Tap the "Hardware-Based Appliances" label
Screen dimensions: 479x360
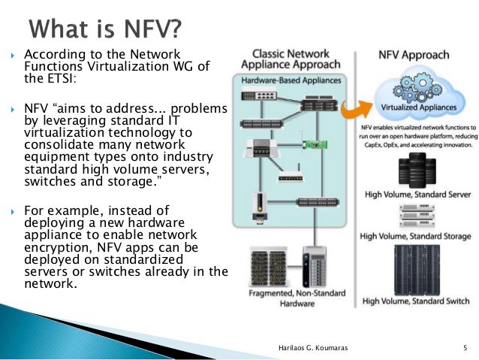pos(290,80)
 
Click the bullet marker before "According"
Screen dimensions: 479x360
pos(13,56)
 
